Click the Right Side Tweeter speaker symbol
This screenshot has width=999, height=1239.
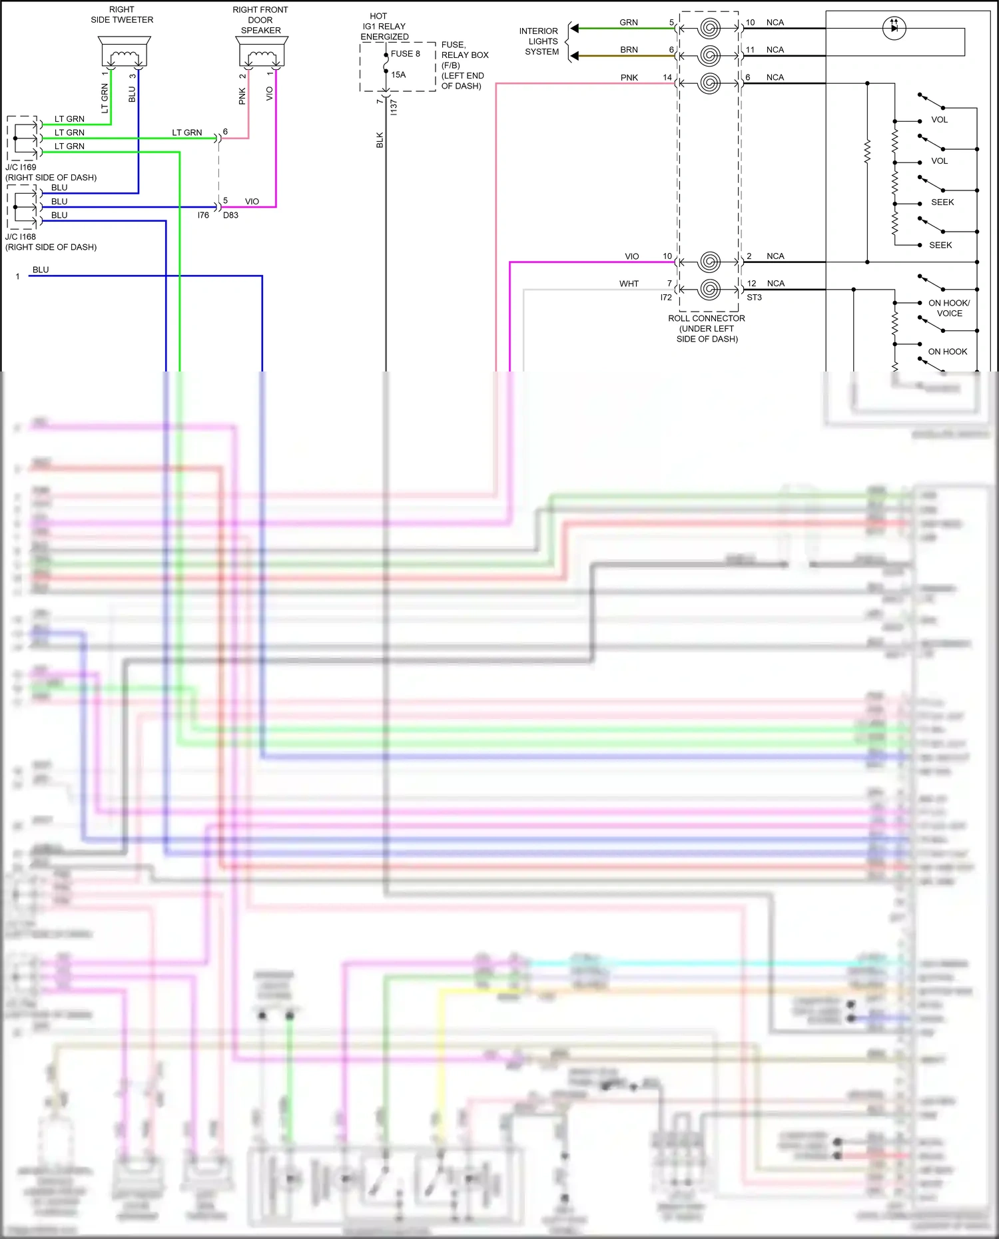(x=123, y=51)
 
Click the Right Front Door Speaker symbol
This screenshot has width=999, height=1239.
(x=262, y=51)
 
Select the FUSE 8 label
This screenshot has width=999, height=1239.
(x=405, y=54)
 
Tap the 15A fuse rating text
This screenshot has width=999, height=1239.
(x=398, y=75)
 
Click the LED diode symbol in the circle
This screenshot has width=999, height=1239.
(x=894, y=28)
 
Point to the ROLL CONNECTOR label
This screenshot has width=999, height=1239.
(x=707, y=318)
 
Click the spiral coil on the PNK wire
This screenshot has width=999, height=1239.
(x=710, y=83)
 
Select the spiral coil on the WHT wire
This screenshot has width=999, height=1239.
(x=710, y=289)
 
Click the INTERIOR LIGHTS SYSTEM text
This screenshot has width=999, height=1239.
(x=540, y=41)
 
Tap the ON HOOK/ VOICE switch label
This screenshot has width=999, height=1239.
(x=949, y=308)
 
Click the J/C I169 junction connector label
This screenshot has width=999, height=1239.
(x=21, y=167)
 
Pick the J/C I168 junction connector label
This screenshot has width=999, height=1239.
(x=21, y=236)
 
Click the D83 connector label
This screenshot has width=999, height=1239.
(x=230, y=215)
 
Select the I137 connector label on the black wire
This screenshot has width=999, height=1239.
(x=394, y=107)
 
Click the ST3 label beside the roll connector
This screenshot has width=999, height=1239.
(x=754, y=298)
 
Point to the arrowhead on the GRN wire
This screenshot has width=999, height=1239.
(x=575, y=28)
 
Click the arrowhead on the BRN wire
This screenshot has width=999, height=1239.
(x=575, y=55)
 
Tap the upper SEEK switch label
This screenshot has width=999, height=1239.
(x=942, y=202)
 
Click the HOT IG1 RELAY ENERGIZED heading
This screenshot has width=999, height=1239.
(x=384, y=27)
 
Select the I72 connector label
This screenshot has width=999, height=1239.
(x=666, y=298)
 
